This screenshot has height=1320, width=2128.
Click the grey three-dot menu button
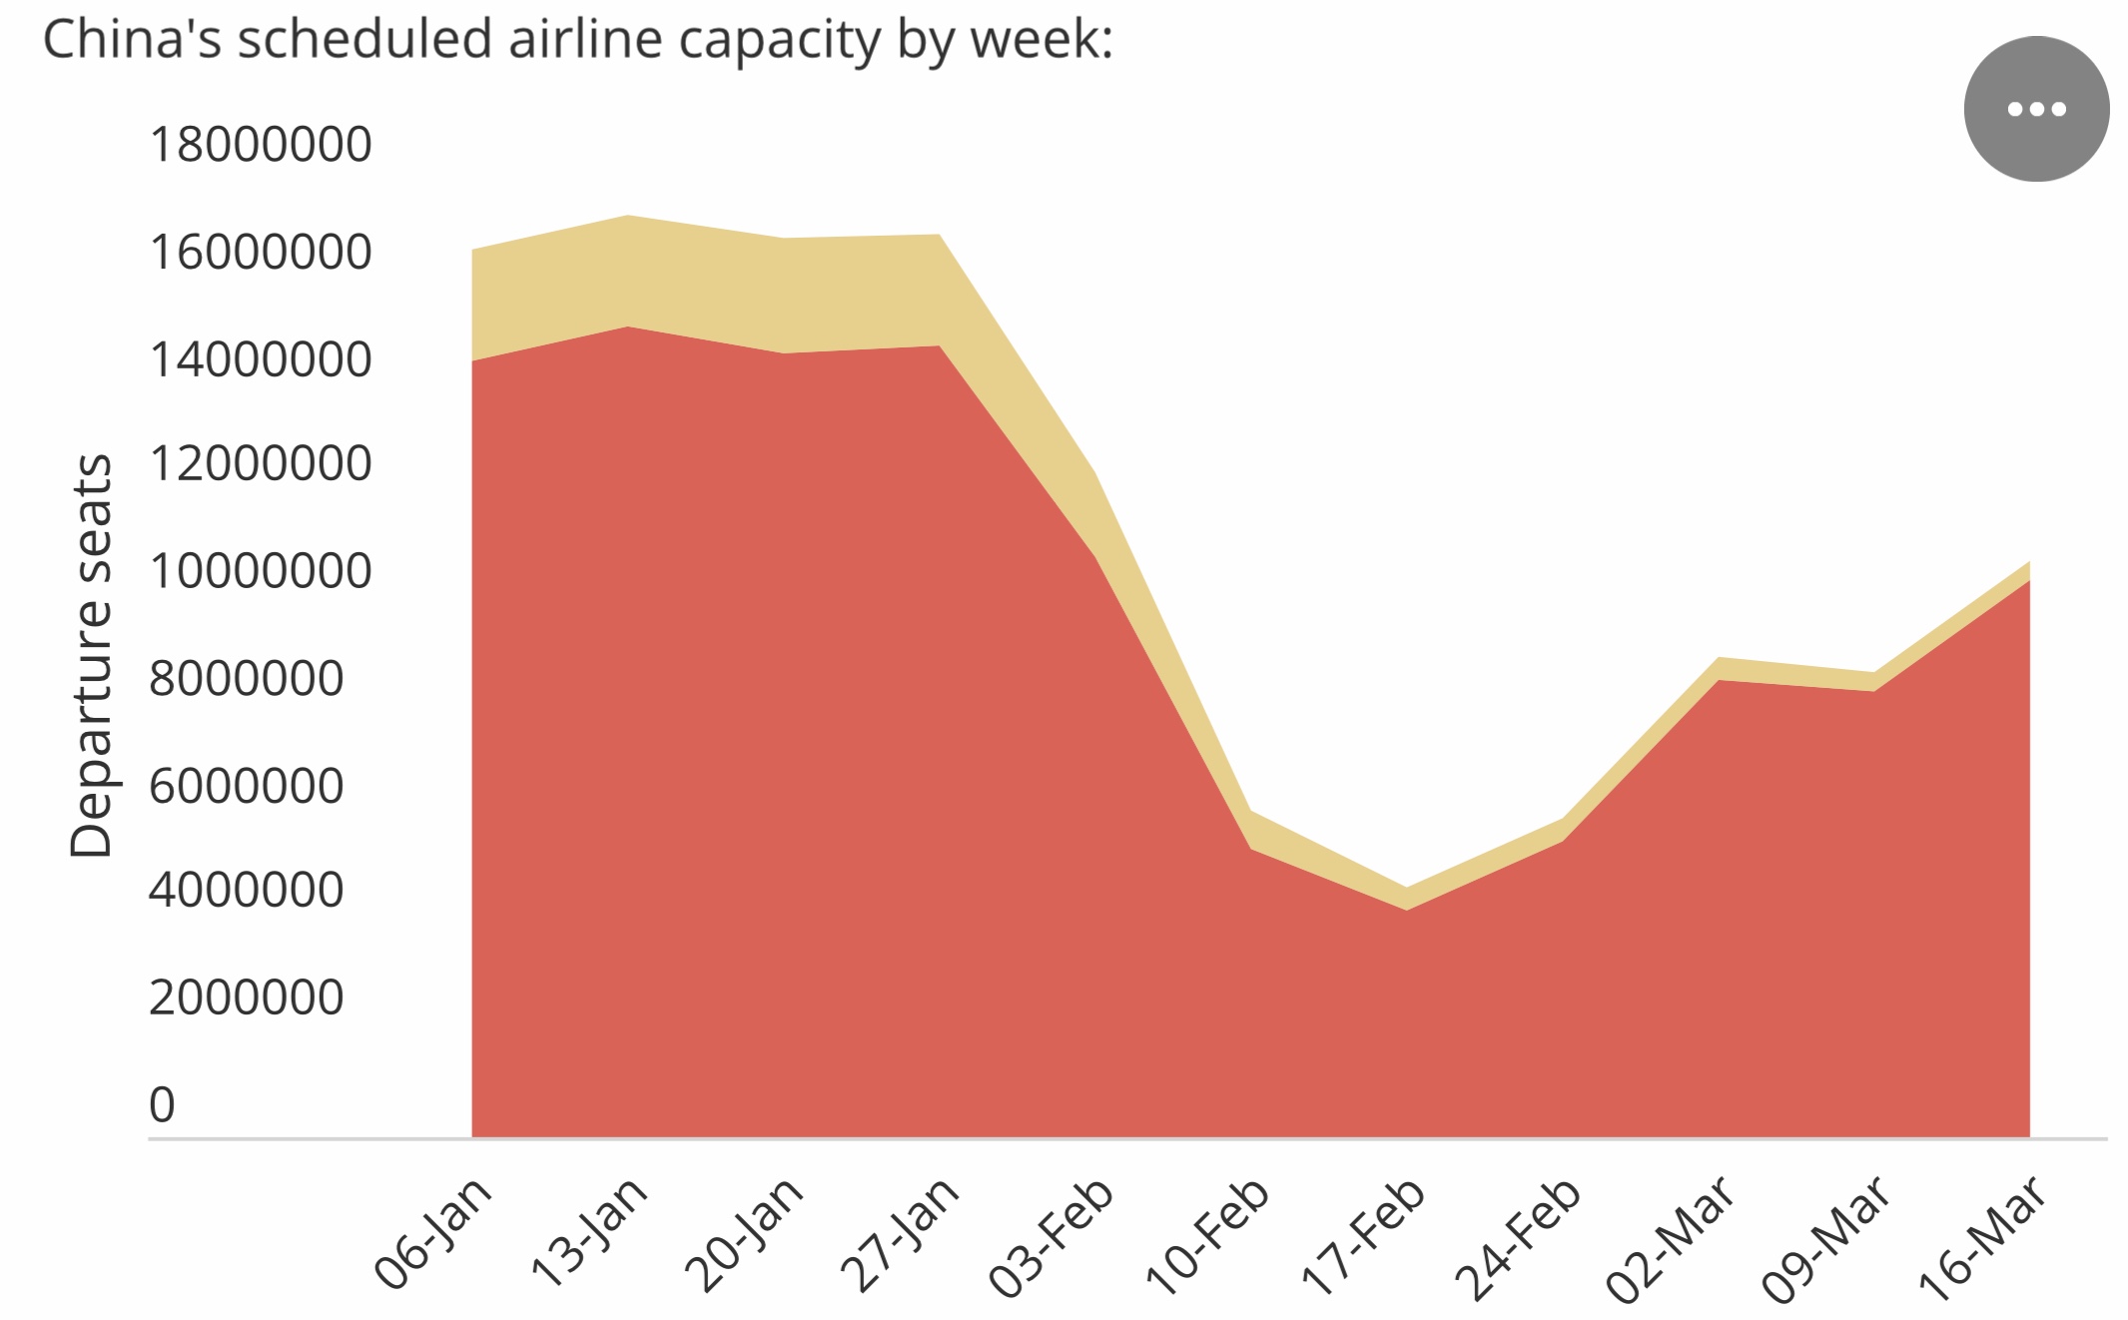pyautogui.click(x=2036, y=109)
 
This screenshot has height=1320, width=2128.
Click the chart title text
pyautogui.click(x=577, y=40)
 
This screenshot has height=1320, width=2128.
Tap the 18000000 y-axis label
pyautogui.click(x=260, y=145)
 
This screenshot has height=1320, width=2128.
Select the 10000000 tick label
pyautogui.click(x=260, y=571)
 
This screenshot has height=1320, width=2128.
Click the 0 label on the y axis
pyautogui.click(x=162, y=1105)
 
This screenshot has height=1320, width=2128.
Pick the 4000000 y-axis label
pyautogui.click(x=246, y=890)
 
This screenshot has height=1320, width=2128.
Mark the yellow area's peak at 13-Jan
pyautogui.click(x=628, y=216)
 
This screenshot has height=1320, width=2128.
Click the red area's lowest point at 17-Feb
pyautogui.click(x=1406, y=909)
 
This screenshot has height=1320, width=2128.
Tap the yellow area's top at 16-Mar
pyautogui.click(x=2028, y=563)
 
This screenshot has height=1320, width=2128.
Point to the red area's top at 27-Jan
pyautogui.click(x=940, y=346)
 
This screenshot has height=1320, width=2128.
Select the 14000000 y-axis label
pyautogui.click(x=260, y=359)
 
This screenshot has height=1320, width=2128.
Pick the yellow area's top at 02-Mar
pyautogui.click(x=1719, y=659)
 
